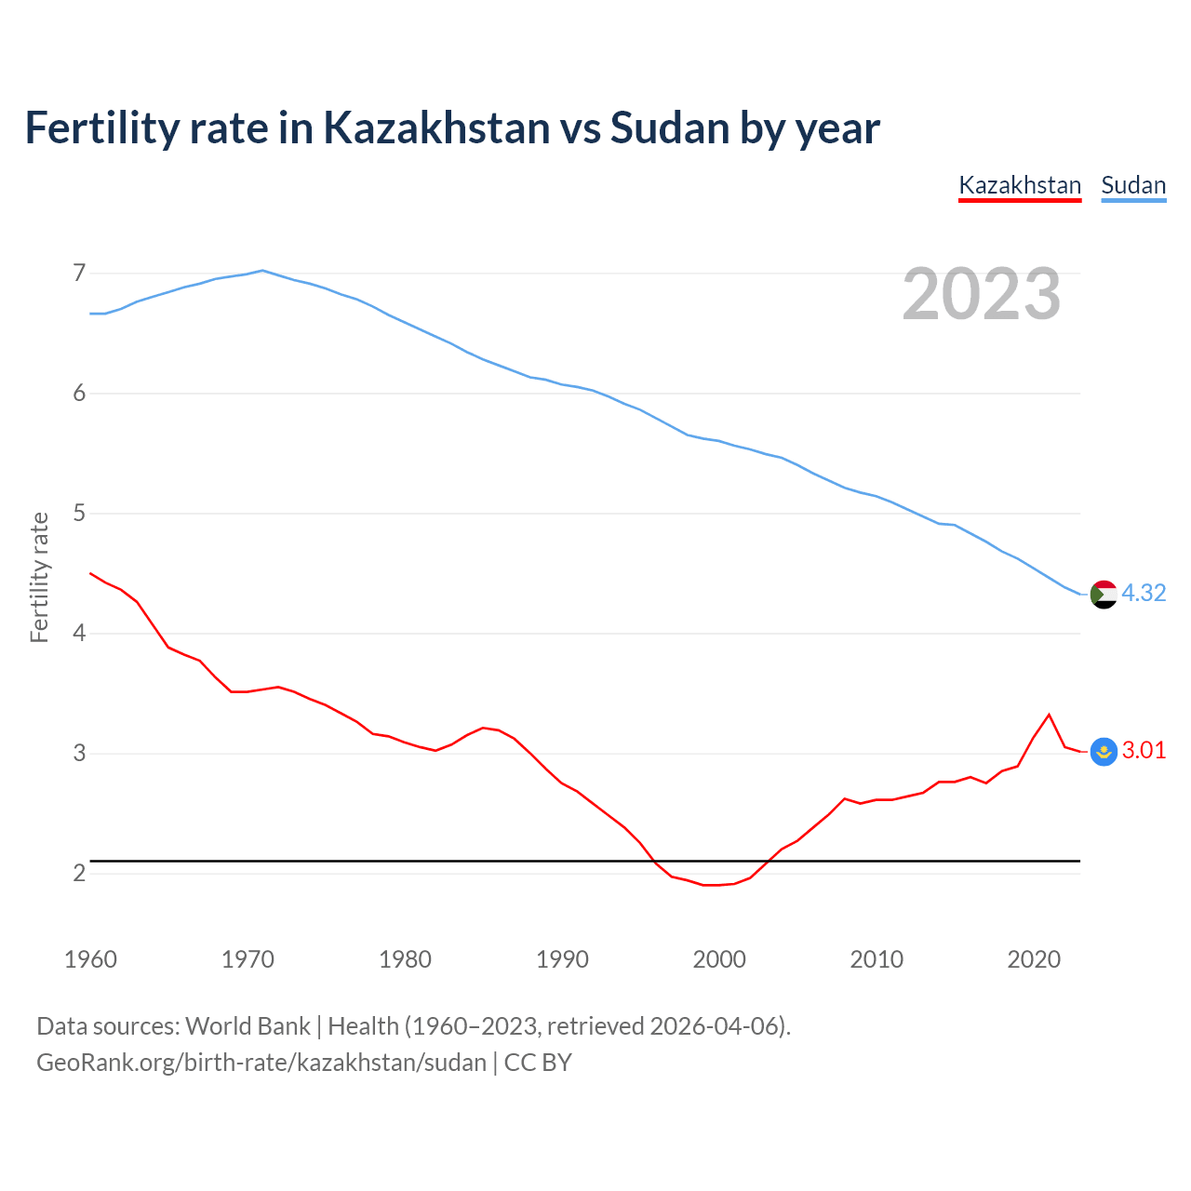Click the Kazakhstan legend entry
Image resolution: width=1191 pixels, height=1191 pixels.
[x=1020, y=185]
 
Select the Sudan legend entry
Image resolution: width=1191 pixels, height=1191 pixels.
[x=1133, y=185]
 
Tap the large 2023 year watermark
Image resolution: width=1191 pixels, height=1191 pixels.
[x=981, y=294]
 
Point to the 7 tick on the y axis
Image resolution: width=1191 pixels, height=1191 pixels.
[x=78, y=274]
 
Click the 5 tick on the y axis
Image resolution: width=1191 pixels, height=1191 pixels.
[x=78, y=514]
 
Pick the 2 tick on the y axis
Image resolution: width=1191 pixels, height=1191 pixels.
[x=78, y=874]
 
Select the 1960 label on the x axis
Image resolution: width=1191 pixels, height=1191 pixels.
[x=90, y=959]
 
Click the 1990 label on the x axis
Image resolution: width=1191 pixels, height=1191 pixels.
[x=562, y=959]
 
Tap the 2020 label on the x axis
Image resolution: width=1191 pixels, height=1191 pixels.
[x=1034, y=959]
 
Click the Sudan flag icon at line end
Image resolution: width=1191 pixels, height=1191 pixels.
[x=1104, y=594]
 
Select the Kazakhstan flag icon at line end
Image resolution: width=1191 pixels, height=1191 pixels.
[x=1104, y=751]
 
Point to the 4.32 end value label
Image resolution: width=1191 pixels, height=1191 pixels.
[x=1144, y=594]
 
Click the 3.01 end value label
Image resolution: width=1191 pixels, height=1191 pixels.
[x=1144, y=751]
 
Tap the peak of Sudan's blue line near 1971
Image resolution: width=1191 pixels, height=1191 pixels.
[x=262, y=271]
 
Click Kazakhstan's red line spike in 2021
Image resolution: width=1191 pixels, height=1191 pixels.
[x=1049, y=715]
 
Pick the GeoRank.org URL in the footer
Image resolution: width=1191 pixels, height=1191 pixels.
[x=261, y=1063]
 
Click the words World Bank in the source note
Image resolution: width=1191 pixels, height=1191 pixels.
[x=248, y=1026]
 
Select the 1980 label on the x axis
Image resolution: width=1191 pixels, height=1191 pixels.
[x=405, y=959]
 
